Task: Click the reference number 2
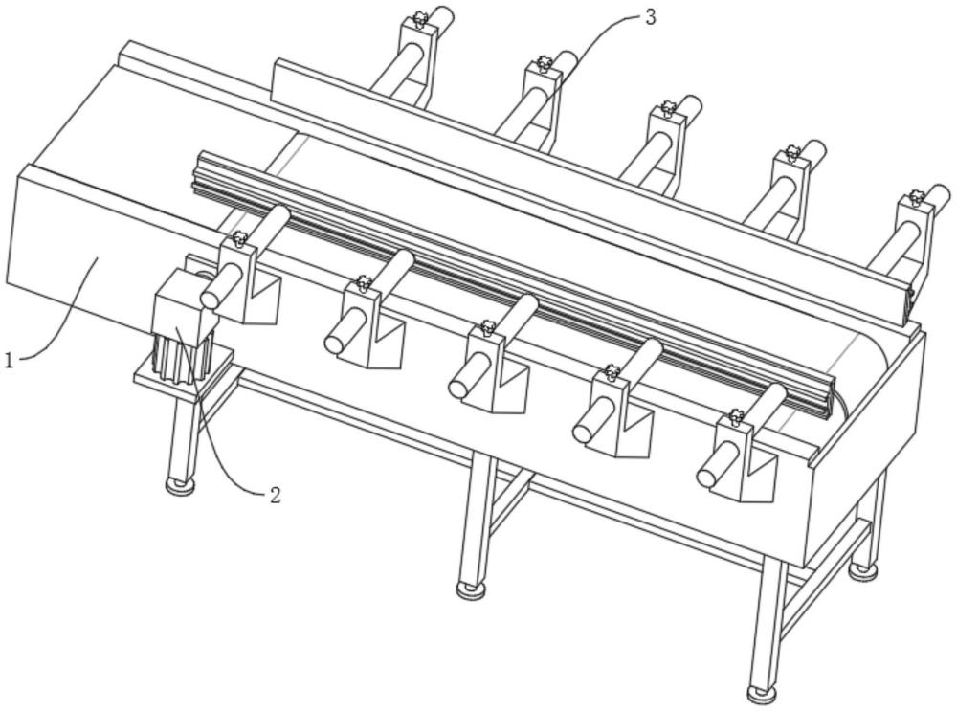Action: click(x=275, y=495)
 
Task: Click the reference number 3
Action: click(x=650, y=16)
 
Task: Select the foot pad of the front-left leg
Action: click(x=178, y=487)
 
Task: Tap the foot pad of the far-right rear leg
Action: click(x=863, y=570)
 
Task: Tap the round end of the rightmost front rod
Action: click(x=707, y=477)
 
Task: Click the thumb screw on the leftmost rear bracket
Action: click(x=419, y=17)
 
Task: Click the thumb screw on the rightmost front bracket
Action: click(x=736, y=416)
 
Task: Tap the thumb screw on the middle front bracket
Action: click(x=488, y=328)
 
